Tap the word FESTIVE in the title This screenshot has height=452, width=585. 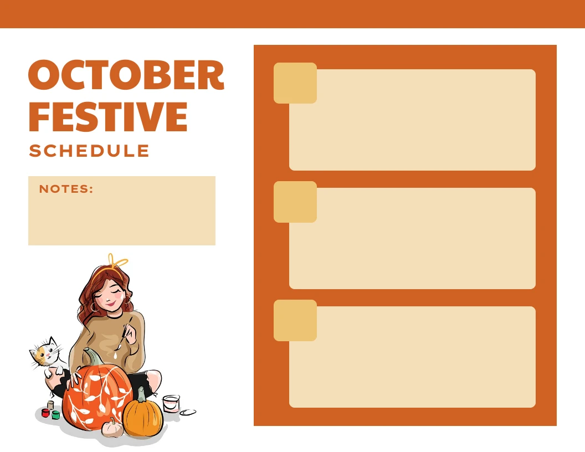click(108, 116)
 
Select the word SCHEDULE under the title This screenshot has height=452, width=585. click(89, 151)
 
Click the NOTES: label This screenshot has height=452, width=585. click(66, 189)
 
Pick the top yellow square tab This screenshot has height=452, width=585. click(295, 83)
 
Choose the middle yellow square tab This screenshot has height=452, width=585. click(295, 202)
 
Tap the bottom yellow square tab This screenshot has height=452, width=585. click(295, 320)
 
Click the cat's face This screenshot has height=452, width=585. click(44, 353)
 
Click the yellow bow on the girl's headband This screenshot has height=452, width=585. click(117, 261)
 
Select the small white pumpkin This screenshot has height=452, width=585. click(113, 428)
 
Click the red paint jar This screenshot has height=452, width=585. click(45, 413)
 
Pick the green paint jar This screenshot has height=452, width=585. click(56, 414)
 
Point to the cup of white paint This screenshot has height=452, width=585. click(171, 403)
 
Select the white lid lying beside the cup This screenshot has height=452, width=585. click(188, 412)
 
